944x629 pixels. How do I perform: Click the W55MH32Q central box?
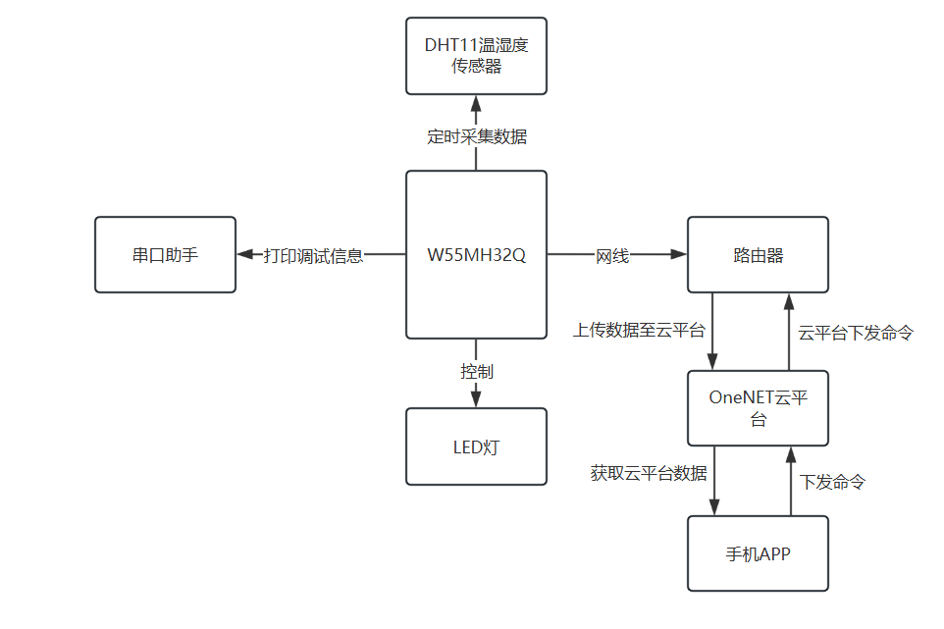click(x=476, y=255)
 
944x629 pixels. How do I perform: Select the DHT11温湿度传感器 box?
click(x=476, y=56)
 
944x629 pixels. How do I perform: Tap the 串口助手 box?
click(x=165, y=255)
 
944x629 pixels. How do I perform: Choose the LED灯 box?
click(x=476, y=447)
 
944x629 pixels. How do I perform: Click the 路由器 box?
click(x=758, y=255)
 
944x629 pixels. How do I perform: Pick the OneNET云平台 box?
click(x=758, y=408)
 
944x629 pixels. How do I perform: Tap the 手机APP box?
click(x=758, y=554)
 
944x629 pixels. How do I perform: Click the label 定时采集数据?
click(x=477, y=137)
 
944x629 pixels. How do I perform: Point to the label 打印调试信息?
click(x=313, y=256)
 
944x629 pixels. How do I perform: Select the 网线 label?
click(x=612, y=256)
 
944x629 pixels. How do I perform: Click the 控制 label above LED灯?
click(x=477, y=372)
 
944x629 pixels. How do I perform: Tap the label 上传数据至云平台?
click(x=639, y=331)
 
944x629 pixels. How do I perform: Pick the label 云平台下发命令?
click(x=856, y=333)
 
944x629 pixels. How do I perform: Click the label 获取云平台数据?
click(x=649, y=473)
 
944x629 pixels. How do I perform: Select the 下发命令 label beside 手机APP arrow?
click(x=832, y=483)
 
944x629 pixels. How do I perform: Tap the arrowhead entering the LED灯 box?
click(x=477, y=398)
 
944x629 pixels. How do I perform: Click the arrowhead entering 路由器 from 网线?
click(x=678, y=255)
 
